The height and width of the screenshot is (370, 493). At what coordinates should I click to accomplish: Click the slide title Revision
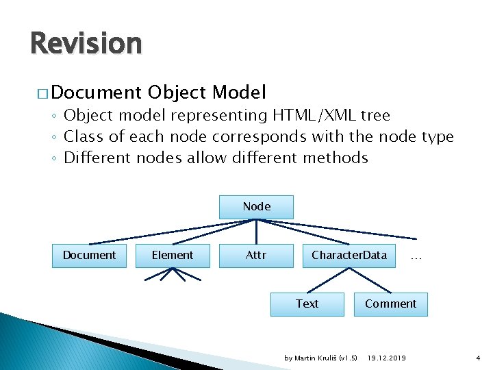86,44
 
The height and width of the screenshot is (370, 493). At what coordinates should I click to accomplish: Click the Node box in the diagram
256,206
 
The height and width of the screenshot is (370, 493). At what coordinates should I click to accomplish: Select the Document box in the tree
89,255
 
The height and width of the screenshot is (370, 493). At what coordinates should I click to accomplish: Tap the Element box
173,255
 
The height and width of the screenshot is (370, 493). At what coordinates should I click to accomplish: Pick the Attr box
256,255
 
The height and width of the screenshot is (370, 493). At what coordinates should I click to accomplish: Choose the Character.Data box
349,255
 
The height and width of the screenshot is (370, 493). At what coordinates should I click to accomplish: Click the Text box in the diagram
307,304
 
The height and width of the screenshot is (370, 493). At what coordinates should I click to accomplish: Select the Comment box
390,304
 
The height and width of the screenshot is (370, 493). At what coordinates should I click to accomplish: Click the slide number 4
478,358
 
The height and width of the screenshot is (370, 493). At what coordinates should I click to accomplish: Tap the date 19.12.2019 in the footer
386,358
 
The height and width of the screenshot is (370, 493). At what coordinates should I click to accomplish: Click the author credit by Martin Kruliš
320,358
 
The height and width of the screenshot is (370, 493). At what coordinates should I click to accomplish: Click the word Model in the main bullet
239,92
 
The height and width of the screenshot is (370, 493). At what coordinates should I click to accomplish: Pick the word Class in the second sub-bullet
83,137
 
